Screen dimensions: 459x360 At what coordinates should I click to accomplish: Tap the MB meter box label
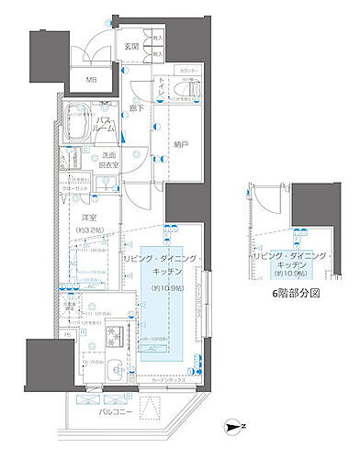(x=91, y=80)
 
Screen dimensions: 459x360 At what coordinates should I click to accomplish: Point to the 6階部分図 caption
(x=298, y=294)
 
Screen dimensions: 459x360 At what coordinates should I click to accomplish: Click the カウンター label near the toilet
(x=188, y=71)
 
